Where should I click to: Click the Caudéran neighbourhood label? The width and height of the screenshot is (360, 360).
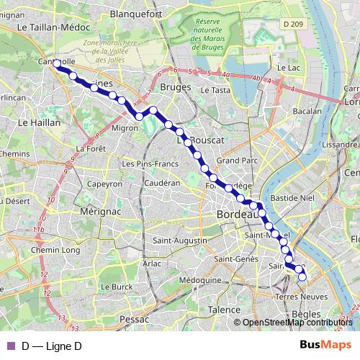161,184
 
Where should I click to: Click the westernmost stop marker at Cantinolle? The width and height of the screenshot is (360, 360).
57,63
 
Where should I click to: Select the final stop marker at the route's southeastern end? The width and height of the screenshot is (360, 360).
302,276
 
